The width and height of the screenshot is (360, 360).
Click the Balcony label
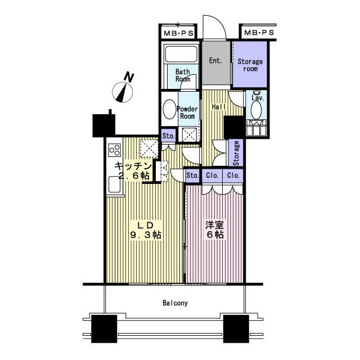tap(175, 303)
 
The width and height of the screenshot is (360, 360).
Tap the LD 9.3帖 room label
tap(146, 230)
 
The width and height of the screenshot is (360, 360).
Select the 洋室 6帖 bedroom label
tap(215, 230)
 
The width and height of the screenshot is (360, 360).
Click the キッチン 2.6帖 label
tap(133, 170)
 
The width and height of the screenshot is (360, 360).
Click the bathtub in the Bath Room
tap(181, 54)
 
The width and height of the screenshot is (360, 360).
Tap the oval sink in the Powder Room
tap(169, 109)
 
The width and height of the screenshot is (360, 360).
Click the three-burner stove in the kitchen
tap(115, 150)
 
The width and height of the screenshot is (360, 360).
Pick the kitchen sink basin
tap(115, 184)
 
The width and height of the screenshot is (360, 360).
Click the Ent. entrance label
tap(215, 61)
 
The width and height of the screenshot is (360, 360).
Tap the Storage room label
tap(250, 65)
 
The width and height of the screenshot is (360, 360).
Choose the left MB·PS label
tap(178, 33)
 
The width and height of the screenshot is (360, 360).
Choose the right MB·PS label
tap(259, 33)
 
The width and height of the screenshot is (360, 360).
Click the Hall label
tap(219, 107)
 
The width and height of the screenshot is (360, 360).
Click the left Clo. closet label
tap(212, 175)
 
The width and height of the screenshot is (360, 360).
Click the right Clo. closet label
tap(233, 175)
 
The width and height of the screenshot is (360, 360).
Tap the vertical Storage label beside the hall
tap(236, 153)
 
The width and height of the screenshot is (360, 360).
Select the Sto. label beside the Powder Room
tap(169, 136)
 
